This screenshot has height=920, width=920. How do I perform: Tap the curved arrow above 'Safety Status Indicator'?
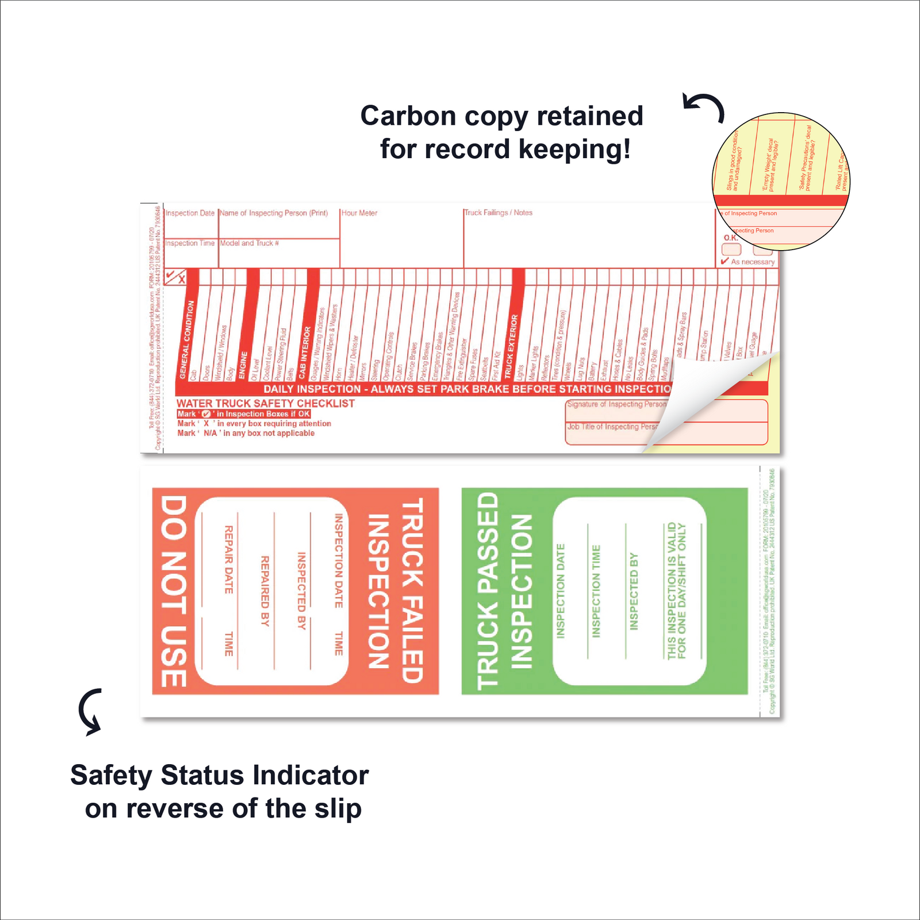tap(91, 711)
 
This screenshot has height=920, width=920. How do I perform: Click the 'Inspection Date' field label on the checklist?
tap(190, 213)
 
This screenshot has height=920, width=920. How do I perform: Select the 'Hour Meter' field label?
tap(359, 213)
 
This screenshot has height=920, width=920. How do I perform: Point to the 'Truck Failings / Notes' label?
tap(499, 213)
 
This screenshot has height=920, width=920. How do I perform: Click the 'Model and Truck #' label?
tap(250, 243)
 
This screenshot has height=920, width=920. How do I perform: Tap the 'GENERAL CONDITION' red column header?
tap(187, 339)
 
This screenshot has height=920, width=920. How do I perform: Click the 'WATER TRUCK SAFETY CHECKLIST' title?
tap(265, 404)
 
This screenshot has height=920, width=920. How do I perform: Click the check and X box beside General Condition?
tap(175, 277)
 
